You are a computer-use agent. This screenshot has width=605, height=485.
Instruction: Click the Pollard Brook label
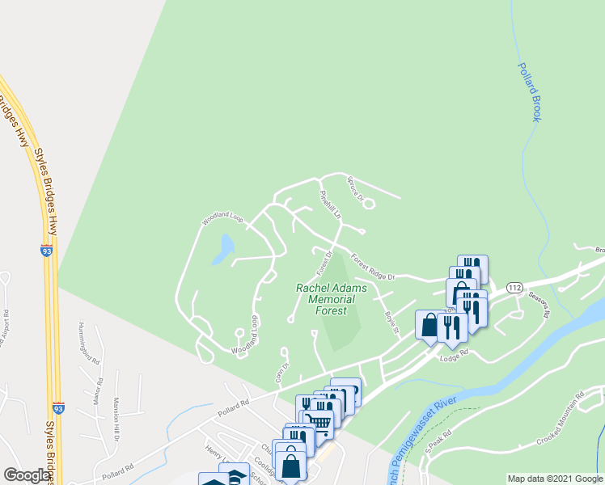pos(529,92)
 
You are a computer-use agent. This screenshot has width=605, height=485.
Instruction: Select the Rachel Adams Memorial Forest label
pos(331,299)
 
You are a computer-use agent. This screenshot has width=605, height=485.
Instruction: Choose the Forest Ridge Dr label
pos(372,268)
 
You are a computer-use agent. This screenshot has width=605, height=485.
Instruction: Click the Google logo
pos(27,474)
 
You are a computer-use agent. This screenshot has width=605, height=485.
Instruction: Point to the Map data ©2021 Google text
pos(554,479)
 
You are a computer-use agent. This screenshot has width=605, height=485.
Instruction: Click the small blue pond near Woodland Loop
pos(223,250)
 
